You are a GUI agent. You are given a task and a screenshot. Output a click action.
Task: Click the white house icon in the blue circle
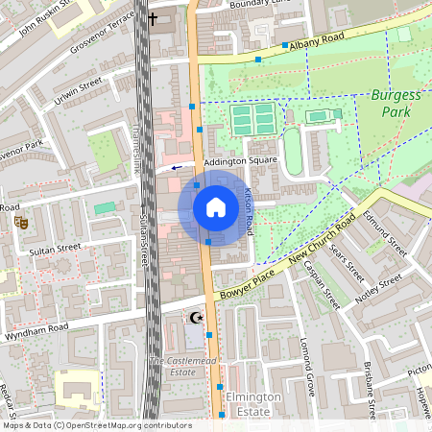[215, 207]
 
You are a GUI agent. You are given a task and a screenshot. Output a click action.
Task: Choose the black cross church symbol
[153, 18]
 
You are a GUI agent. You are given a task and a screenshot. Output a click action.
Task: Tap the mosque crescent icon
[196, 317]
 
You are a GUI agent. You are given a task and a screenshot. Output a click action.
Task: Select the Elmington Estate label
[254, 403]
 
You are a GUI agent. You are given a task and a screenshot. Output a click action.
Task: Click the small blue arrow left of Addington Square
[176, 166]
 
